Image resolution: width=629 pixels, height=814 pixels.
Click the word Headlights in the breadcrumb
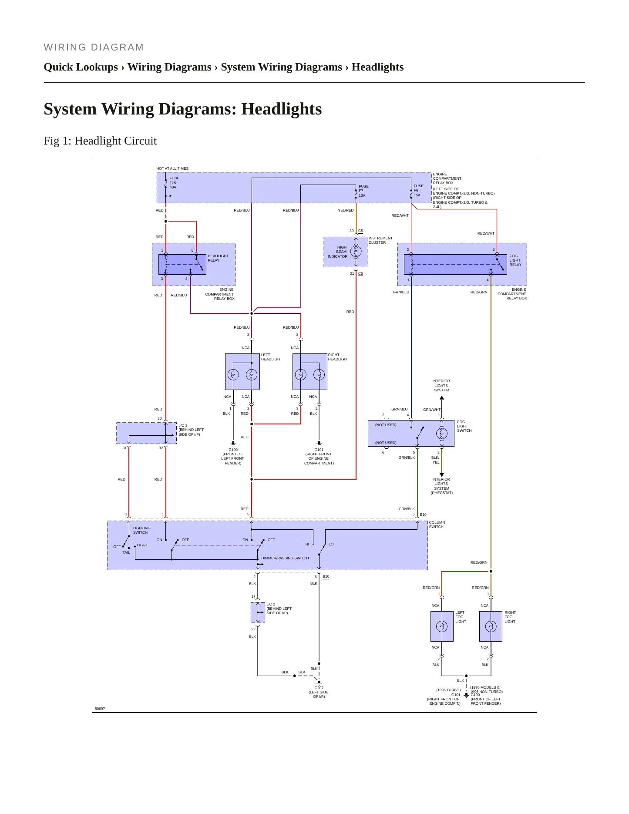point(377,67)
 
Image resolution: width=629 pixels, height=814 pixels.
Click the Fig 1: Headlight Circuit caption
point(100,141)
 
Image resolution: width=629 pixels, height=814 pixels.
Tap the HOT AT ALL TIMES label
point(172,168)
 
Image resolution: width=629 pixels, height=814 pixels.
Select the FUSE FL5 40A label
point(174,183)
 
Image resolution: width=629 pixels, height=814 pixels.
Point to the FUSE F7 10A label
point(363,191)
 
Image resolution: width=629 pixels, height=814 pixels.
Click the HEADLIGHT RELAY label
point(218,258)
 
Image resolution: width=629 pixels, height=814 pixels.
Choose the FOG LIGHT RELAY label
point(515,260)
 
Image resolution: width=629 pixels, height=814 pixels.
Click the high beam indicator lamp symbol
point(356,251)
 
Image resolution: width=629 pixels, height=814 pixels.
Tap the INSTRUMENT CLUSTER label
point(380,240)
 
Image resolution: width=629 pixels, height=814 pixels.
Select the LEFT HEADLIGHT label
point(271,357)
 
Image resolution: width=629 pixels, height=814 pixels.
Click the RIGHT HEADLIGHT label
point(338,357)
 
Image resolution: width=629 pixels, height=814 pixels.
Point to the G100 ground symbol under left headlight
point(233,443)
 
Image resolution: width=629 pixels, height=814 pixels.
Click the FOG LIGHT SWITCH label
point(464,426)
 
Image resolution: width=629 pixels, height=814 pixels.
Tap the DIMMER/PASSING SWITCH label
point(285,558)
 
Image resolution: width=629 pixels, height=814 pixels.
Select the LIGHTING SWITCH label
point(141,530)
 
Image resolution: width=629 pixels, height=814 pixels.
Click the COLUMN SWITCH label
point(437,525)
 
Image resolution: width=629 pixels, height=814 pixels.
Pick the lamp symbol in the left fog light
point(442,626)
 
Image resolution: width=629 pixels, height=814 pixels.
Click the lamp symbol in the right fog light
point(491,626)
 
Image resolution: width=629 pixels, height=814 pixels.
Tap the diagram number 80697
point(100,709)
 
